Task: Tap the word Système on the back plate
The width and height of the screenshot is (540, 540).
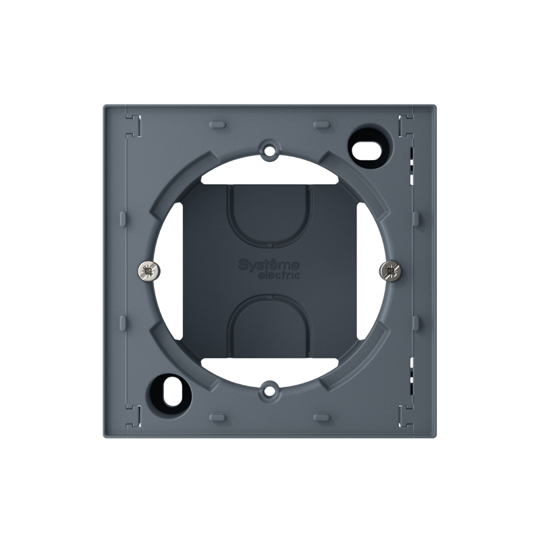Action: coord(269,264)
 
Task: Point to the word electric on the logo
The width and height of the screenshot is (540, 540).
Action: coord(279,275)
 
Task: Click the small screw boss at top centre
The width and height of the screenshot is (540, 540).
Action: coord(269,150)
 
